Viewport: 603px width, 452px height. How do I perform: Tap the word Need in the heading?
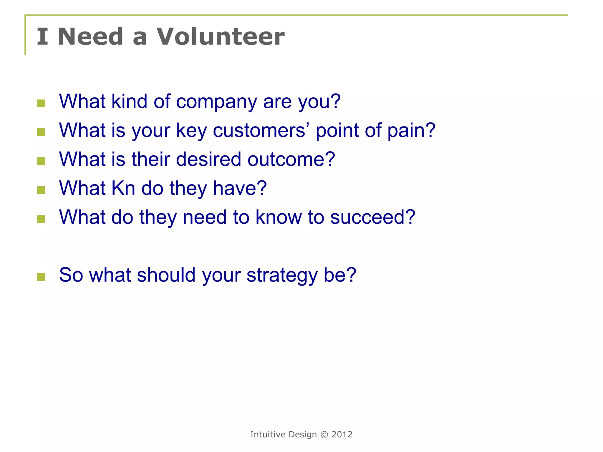90,36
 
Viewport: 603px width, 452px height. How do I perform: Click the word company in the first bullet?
216,102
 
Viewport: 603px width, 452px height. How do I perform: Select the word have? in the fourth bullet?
240,188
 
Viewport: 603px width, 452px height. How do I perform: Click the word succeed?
372,217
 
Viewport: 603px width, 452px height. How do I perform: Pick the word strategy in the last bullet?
282,275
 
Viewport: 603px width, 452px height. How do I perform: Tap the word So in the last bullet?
71,275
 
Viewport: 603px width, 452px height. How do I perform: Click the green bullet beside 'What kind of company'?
41,103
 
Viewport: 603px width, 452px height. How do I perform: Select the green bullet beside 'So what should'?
41,277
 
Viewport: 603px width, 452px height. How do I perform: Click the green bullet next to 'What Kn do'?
41,190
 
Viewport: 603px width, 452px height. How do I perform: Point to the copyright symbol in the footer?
324,435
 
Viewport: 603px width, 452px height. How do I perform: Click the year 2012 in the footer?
342,435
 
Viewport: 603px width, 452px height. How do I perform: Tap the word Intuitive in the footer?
268,435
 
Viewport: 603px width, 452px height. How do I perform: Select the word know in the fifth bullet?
279,217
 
